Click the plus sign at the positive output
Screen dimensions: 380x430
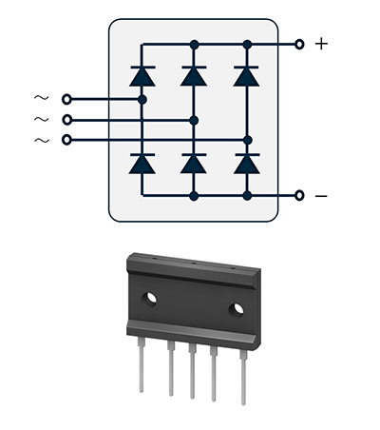click(321, 44)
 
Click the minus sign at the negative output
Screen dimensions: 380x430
click(321, 196)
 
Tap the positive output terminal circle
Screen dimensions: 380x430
click(299, 45)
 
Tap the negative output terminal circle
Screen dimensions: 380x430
click(299, 196)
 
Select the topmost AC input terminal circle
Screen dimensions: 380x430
click(66, 100)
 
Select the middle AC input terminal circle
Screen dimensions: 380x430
click(66, 120)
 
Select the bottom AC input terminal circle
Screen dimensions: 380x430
click(66, 140)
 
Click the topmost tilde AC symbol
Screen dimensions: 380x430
click(42, 98)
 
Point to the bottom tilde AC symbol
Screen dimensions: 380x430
click(42, 140)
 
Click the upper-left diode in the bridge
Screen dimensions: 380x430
click(142, 76)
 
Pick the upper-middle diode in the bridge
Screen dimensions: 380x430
click(194, 76)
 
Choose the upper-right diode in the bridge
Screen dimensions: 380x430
click(247, 76)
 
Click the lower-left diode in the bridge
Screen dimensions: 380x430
click(142, 164)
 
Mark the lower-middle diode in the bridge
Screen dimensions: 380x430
click(194, 164)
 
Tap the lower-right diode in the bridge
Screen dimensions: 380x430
click(247, 164)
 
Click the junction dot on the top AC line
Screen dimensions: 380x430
click(142, 100)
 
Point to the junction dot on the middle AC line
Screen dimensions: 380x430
click(194, 121)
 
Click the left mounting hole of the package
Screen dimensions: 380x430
click(149, 300)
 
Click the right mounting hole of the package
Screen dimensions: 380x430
click(237, 310)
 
